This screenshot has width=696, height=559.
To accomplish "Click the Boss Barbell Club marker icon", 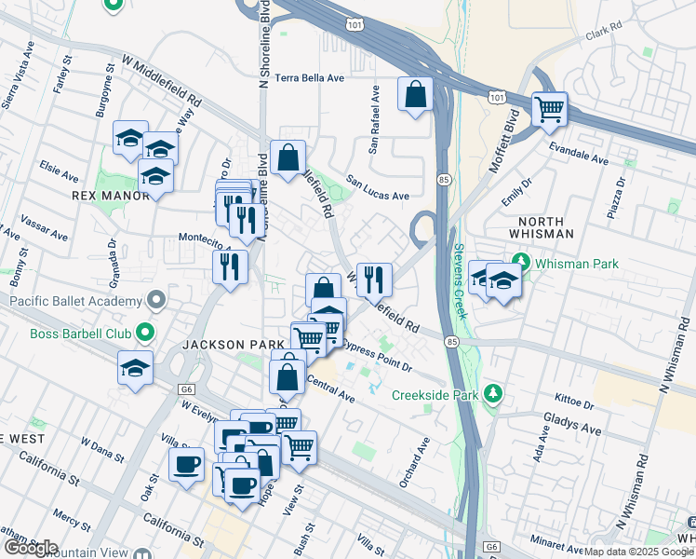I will coord(145,331).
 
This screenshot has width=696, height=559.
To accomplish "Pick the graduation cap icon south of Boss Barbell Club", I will coord(135,367).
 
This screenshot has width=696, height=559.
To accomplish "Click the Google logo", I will coord(31,547).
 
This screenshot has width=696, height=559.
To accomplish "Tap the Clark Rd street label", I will coord(602,34).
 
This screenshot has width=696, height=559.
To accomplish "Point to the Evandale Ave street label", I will coord(578,154).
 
